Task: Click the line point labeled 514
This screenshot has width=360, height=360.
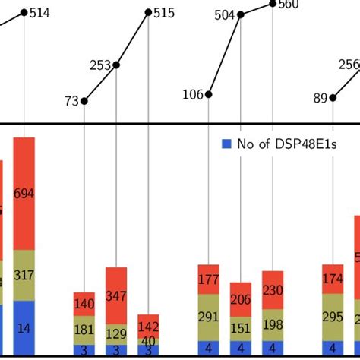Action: (25, 12)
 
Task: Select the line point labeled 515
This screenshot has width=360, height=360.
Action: (149, 12)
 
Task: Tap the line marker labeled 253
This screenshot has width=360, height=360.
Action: (116, 65)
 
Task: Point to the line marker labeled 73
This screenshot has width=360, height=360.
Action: (84, 100)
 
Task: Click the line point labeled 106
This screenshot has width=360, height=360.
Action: (209, 95)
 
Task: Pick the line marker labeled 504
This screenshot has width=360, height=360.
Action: (241, 14)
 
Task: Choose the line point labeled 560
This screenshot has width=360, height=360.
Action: (273, 5)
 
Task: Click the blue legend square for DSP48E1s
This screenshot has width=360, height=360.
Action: (226, 143)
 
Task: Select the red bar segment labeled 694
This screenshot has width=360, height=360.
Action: (24, 194)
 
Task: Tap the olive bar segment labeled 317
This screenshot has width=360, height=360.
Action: (24, 275)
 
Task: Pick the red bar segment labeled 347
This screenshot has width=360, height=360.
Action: (116, 297)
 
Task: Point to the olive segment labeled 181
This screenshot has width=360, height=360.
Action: (84, 330)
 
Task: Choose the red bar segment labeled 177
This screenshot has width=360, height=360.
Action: (209, 279)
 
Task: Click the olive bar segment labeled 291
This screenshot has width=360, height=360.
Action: (209, 317)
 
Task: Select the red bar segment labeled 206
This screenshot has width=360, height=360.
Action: (241, 299)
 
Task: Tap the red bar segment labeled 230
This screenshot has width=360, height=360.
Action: (273, 290)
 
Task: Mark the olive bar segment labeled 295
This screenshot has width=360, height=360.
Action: (333, 316)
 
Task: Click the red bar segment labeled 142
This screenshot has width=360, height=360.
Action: (149, 325)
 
